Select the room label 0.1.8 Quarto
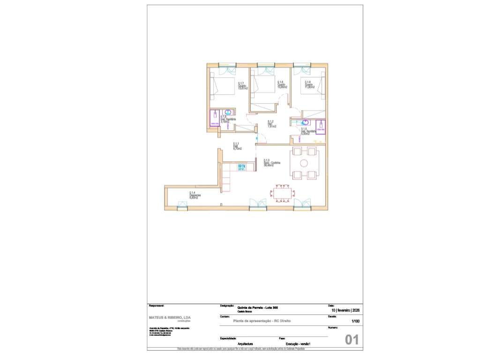coord(282,84)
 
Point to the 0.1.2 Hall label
coord(271,124)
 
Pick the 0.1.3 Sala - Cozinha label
coord(272,163)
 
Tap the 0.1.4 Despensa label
coord(194,195)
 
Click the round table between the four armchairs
coord(304,163)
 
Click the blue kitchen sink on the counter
coord(242,166)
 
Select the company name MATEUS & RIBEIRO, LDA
coord(170,317)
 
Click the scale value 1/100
coord(355,321)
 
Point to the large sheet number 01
coord(352,340)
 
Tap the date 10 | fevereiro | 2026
coord(346,310)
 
